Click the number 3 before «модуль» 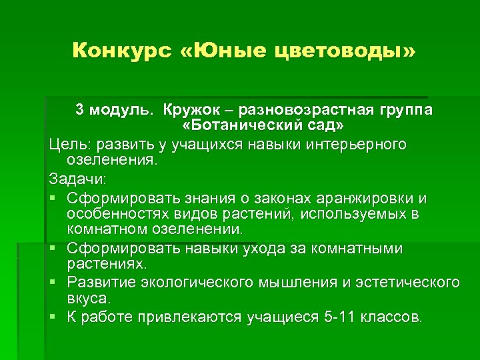click(x=79, y=109)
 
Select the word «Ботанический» click(x=253, y=126)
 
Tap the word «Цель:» click(x=71, y=144)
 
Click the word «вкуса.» click(x=93, y=298)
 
